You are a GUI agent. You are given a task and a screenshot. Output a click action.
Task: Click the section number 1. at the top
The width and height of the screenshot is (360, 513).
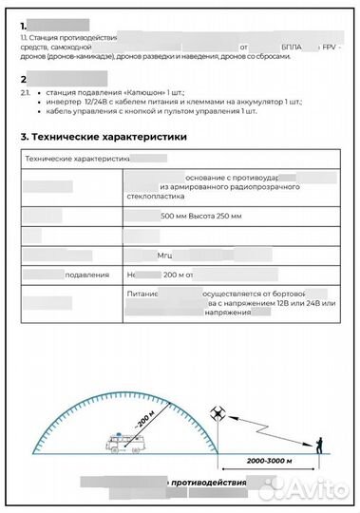click(x=24, y=19)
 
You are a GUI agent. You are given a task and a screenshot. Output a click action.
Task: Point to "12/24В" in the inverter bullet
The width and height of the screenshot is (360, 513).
click(x=108, y=102)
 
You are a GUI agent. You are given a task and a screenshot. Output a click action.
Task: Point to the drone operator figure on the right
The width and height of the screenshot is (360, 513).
click(x=320, y=442)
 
